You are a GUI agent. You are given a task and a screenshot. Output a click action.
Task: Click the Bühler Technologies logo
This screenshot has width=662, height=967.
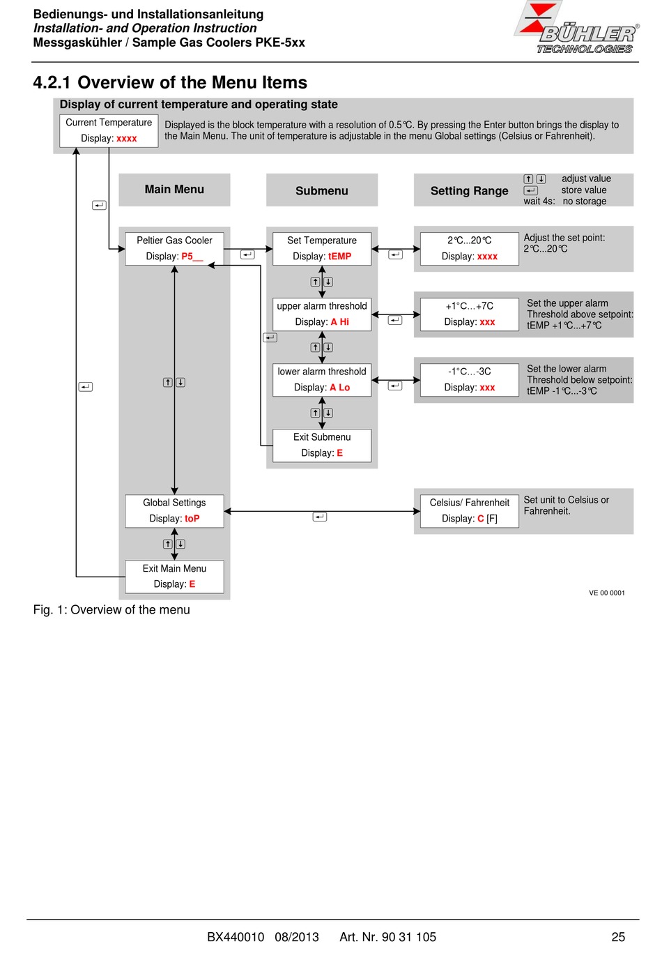coord(576,27)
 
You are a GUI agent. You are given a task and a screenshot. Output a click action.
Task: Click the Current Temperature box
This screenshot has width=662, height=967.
coord(109,130)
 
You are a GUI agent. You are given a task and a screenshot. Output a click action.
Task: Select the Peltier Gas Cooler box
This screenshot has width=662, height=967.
coord(174,249)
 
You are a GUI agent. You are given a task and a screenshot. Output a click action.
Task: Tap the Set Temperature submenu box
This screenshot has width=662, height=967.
coord(322,249)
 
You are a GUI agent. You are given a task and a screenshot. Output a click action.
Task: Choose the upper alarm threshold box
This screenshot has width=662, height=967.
coord(322,314)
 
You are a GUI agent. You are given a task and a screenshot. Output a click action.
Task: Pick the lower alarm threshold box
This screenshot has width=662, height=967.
coord(322,380)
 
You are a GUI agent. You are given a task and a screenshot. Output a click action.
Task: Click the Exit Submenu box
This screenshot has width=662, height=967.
coord(322,446)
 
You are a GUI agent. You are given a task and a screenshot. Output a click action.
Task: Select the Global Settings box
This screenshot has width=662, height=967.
coord(174,511)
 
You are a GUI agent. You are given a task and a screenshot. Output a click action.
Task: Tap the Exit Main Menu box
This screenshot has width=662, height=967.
coord(174,577)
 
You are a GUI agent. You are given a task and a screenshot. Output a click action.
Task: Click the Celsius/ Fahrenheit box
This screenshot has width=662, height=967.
coord(470,511)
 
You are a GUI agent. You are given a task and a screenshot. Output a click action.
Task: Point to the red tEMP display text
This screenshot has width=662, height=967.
coord(339,257)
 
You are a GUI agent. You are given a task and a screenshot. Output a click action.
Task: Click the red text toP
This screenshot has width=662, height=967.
coord(192,519)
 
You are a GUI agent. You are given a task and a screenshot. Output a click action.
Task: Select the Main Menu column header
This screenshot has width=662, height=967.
coord(174,190)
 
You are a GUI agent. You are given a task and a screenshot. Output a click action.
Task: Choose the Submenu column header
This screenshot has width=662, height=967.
coord(322,190)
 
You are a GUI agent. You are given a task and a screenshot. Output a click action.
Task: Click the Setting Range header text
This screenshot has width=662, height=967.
coord(470,191)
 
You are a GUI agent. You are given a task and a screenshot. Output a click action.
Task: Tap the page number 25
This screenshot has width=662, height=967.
coord(618,937)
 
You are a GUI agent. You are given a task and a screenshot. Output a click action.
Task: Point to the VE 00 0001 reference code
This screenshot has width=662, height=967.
coord(607,593)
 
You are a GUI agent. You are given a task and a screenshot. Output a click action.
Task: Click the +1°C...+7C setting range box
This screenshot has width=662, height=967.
coord(470,314)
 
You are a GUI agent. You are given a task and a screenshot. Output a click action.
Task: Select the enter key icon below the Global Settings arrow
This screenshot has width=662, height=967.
coord(320,517)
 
